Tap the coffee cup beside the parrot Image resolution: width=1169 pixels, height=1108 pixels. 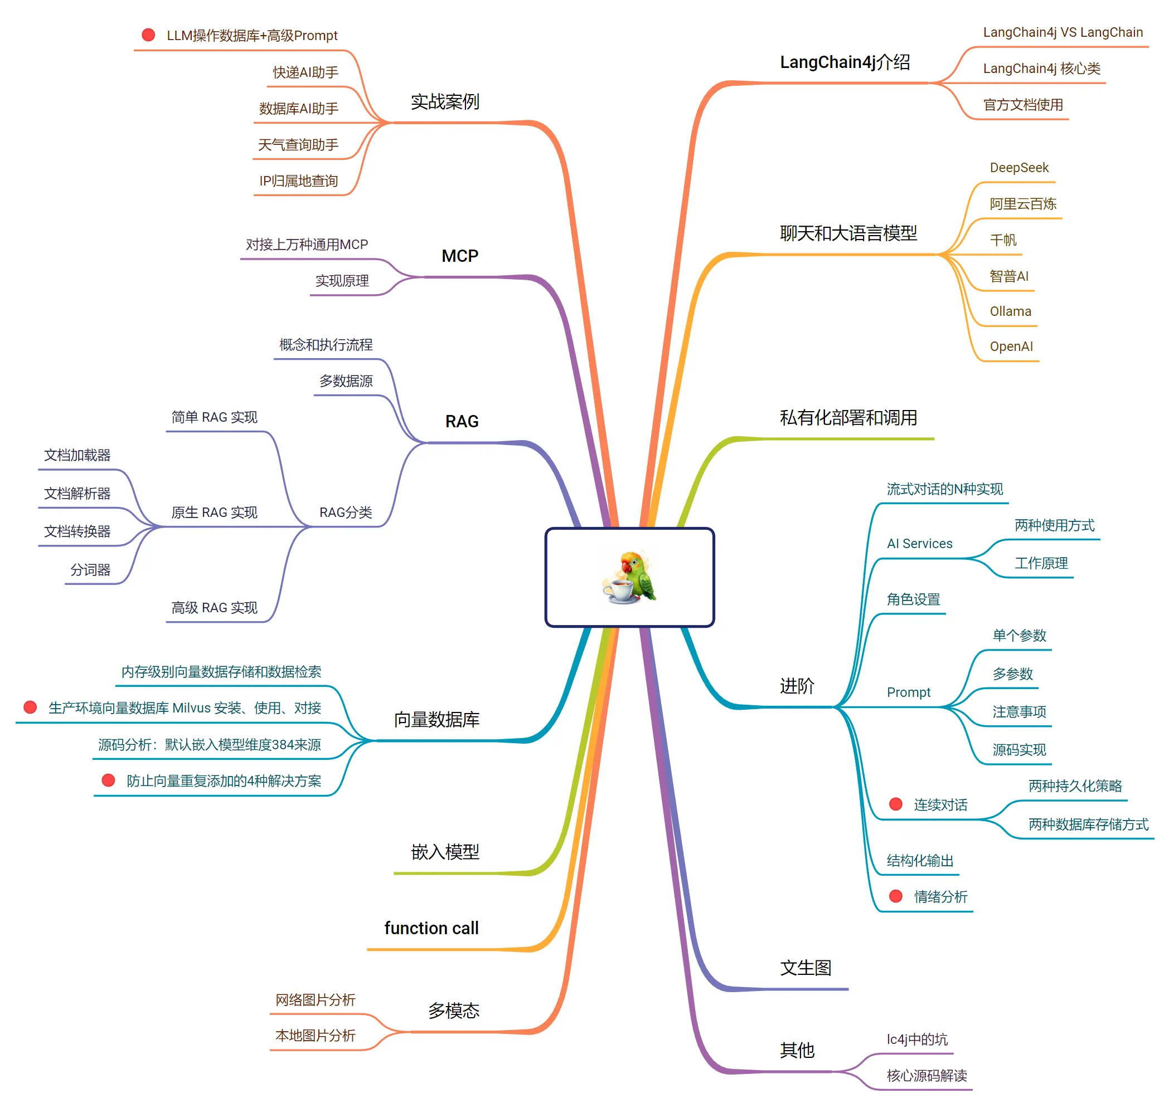click(x=620, y=590)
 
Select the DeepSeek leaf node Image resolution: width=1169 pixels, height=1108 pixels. click(x=1019, y=168)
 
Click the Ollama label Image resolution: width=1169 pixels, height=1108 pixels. click(x=1010, y=311)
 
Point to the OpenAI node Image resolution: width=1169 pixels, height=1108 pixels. click(x=1011, y=346)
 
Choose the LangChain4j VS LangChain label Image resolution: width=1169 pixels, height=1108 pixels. click(x=1063, y=32)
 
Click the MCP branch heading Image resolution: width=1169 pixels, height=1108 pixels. click(x=460, y=256)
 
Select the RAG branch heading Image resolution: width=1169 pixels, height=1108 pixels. click(x=462, y=421)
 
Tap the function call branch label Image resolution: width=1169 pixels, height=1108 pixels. click(x=431, y=928)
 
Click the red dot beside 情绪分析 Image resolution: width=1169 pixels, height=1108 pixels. click(x=895, y=896)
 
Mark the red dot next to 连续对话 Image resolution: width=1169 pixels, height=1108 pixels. click(x=895, y=804)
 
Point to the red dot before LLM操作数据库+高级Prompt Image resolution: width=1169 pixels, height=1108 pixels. click(x=148, y=35)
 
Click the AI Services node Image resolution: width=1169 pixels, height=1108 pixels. click(x=920, y=543)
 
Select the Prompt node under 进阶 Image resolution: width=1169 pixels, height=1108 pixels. click(x=908, y=692)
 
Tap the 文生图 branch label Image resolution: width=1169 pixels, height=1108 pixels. click(x=806, y=968)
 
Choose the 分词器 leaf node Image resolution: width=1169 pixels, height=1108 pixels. click(x=90, y=570)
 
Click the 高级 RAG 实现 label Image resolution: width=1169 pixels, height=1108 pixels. click(x=215, y=608)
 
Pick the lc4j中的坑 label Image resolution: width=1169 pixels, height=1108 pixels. click(x=916, y=1039)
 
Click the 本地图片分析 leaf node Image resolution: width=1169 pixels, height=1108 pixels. click(x=316, y=1036)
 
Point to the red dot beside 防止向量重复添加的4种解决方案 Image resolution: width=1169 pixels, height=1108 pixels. click(x=108, y=780)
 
